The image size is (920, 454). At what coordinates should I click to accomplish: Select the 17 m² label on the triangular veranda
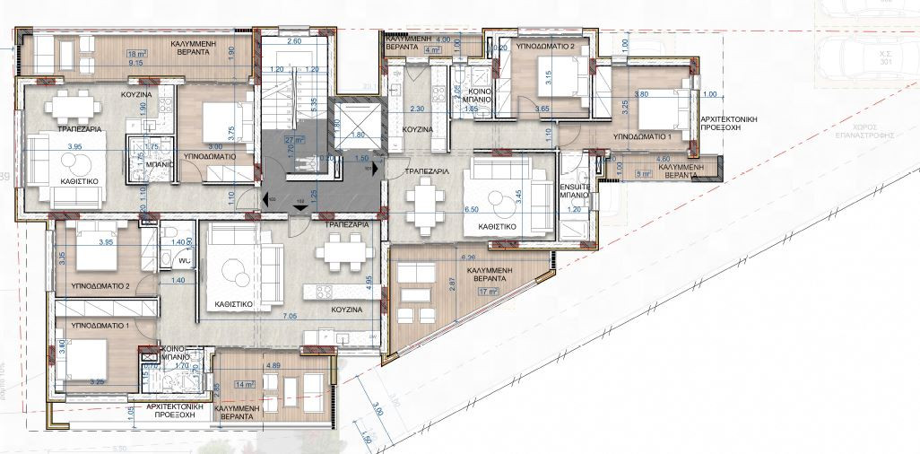click(490, 291)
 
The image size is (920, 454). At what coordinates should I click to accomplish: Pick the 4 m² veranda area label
click(434, 51)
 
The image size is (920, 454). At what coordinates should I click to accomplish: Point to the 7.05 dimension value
click(291, 317)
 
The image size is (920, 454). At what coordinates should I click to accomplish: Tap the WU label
click(183, 261)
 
